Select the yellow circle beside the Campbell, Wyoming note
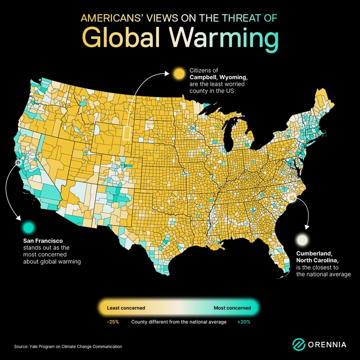pos(179,74)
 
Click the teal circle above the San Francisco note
pos(29,227)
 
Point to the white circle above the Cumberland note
pos(302,240)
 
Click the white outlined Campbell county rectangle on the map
pos(126,132)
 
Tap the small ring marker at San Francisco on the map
pos(18,163)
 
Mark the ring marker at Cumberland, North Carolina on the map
pos(292,198)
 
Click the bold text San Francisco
pos(43,240)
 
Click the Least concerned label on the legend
pos(126,308)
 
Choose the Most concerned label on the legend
pos(232,308)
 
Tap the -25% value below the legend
pos(113,322)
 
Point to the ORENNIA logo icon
pos(299,345)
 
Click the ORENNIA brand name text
pos(327,345)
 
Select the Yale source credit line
pos(67,346)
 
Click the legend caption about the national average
pos(178,322)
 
